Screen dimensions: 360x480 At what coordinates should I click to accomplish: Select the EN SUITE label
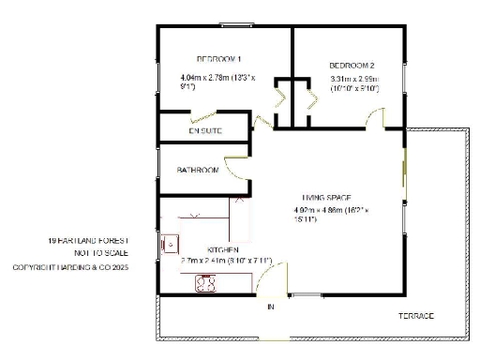click(x=205, y=131)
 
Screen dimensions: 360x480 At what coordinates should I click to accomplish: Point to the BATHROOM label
click(x=198, y=171)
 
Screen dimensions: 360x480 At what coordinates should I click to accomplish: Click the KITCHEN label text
click(x=211, y=250)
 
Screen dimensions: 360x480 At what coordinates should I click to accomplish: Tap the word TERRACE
click(x=416, y=316)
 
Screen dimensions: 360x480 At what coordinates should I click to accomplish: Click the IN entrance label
click(x=270, y=307)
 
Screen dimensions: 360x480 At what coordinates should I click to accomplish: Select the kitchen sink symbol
click(x=171, y=244)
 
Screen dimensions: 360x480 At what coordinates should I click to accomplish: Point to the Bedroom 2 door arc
click(x=375, y=120)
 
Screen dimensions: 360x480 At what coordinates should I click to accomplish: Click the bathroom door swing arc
click(x=238, y=170)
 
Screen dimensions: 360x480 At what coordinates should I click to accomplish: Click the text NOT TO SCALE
click(x=100, y=253)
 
